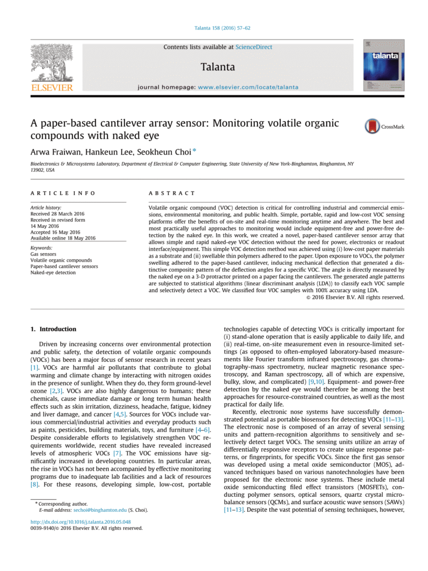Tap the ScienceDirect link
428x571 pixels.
coord(254,47)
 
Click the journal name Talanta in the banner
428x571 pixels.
coord(218,67)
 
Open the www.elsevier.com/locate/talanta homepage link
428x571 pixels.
coord(248,87)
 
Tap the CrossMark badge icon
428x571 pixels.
coord(372,127)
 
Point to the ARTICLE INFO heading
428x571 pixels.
coord(63,193)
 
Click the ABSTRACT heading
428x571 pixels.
coord(172,193)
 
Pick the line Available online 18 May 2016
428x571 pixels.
coord(63,238)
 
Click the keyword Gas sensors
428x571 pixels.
coord(43,254)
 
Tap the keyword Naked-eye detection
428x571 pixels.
coord(53,273)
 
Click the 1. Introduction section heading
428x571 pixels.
coord(53,330)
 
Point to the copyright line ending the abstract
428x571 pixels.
coord(356,297)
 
